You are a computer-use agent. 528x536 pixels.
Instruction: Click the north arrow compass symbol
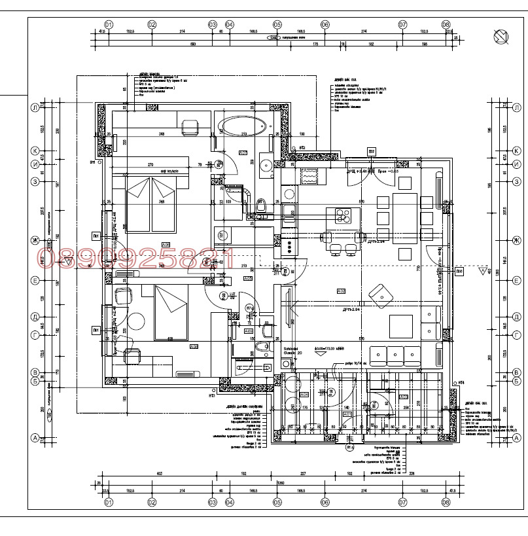click(x=501, y=37)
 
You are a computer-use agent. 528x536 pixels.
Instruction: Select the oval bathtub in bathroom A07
click(x=242, y=125)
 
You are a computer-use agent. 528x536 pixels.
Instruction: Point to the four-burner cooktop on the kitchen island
click(x=343, y=215)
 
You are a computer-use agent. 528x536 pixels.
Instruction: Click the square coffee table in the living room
click(x=400, y=326)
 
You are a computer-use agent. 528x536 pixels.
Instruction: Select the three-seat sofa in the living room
click(x=395, y=355)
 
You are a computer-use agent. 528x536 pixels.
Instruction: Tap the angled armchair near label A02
click(x=380, y=294)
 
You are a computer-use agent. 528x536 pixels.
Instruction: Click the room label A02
click(x=341, y=291)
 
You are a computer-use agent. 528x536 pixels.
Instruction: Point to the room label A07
click(x=242, y=153)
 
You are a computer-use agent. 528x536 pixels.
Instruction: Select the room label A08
click(x=166, y=245)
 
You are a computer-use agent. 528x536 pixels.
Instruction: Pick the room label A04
click(x=304, y=395)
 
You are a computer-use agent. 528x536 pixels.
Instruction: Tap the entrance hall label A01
click(x=347, y=414)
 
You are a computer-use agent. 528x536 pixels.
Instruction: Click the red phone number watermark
click(x=134, y=257)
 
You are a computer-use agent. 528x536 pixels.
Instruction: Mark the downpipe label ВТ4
click(x=460, y=382)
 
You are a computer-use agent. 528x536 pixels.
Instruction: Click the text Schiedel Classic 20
click(x=291, y=351)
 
